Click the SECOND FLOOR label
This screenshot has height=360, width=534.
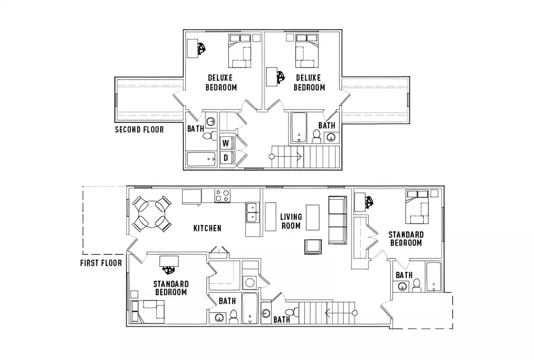coord(139,129)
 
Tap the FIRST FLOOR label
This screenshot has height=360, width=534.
coord(101,263)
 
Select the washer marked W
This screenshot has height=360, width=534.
coord(226,142)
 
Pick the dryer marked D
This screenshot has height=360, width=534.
coord(226,157)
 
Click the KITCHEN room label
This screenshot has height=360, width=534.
coord(207,228)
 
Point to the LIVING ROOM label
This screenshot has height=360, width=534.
coord(291,221)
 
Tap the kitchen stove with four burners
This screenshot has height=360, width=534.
coord(222,196)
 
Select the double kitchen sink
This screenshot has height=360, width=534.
coord(251,213)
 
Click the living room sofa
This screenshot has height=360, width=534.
coord(338,220)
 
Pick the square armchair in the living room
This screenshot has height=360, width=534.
coord(313,246)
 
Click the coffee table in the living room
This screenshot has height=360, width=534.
coord(312,217)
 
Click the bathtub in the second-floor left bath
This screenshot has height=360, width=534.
coord(202,159)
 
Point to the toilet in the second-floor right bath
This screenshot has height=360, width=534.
coord(317,136)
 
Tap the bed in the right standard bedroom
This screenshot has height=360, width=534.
coord(418,207)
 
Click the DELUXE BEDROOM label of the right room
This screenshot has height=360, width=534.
coord(309,82)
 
